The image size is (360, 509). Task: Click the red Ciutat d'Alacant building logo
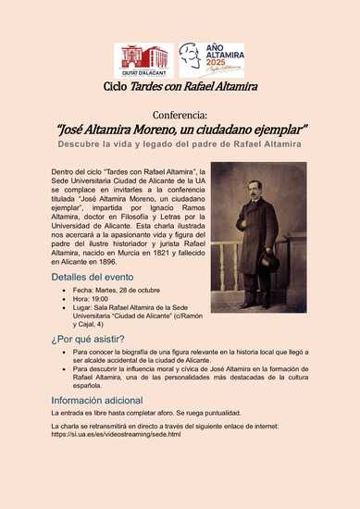pyautogui.click(x=144, y=60)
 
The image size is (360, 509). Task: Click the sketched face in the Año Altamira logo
pyautogui.click(x=190, y=56)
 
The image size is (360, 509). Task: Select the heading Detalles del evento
pyautogui.click(x=93, y=278)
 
